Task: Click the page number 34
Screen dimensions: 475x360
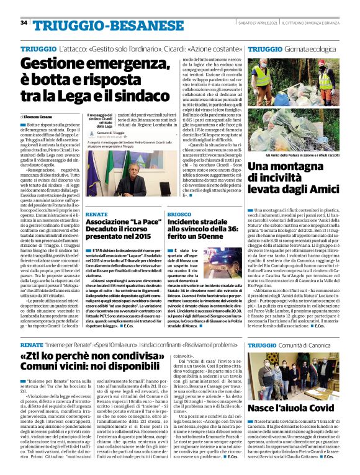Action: click(24, 22)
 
